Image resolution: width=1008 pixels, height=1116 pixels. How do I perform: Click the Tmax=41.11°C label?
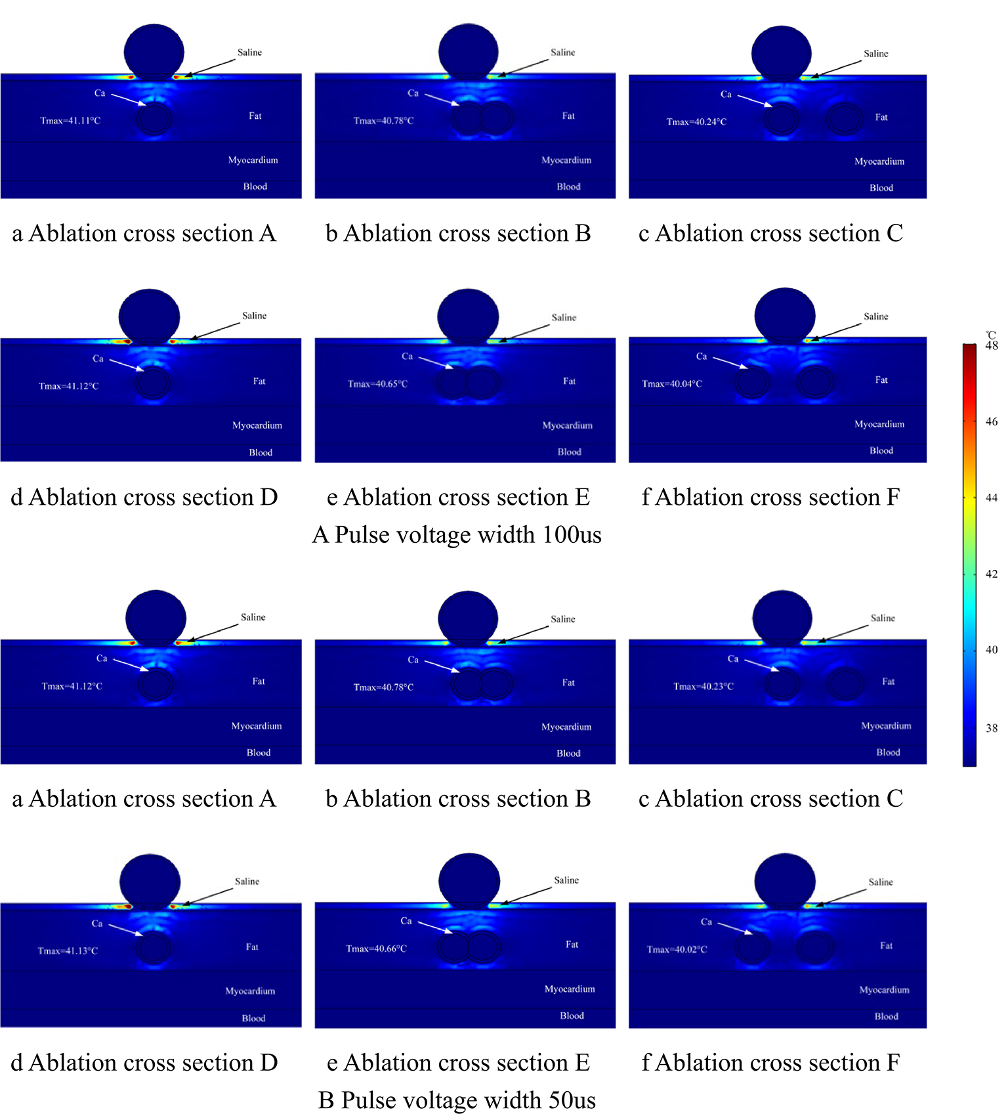click(70, 121)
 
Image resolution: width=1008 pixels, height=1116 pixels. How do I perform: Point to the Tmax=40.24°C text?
click(696, 122)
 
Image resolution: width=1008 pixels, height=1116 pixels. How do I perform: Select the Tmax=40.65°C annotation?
click(377, 384)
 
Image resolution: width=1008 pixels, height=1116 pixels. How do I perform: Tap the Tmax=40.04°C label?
click(672, 384)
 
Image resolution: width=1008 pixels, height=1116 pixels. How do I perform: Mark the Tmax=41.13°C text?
click(68, 951)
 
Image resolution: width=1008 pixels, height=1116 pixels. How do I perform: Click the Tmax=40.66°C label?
click(376, 949)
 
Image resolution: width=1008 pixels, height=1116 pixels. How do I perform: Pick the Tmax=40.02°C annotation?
click(677, 950)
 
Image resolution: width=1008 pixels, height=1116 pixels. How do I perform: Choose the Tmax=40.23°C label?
click(703, 687)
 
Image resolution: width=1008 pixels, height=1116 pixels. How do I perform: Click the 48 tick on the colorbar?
click(992, 346)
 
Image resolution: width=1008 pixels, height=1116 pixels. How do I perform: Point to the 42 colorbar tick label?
click(992, 574)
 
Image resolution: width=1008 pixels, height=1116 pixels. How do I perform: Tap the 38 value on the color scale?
click(992, 728)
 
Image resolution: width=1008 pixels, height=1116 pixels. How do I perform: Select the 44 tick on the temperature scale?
click(992, 498)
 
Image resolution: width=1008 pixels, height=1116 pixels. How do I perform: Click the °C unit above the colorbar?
click(991, 335)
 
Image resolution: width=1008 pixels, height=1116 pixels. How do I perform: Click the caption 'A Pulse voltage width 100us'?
click(457, 535)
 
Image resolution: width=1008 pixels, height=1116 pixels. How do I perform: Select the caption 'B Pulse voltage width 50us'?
click(457, 1100)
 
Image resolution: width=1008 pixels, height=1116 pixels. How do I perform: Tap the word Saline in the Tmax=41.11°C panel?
click(249, 53)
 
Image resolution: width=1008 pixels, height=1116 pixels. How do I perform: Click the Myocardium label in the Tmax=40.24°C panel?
click(879, 161)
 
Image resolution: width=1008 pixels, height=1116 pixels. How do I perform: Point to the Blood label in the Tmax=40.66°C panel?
click(572, 1016)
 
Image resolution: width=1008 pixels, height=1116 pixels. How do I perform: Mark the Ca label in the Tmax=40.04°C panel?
click(702, 356)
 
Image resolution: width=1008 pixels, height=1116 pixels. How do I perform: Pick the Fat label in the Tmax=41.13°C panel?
click(252, 947)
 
